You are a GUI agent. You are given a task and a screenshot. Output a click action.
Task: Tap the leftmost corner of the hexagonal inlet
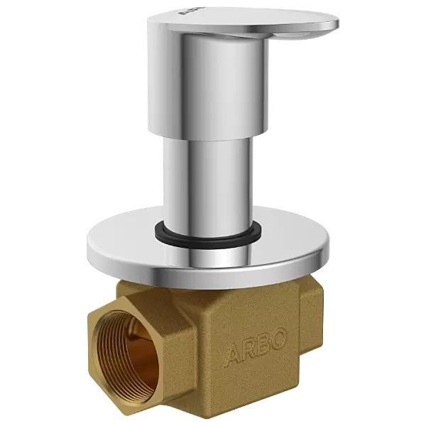pos(90,334)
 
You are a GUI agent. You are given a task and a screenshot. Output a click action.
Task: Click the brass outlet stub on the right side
pos(312,312)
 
